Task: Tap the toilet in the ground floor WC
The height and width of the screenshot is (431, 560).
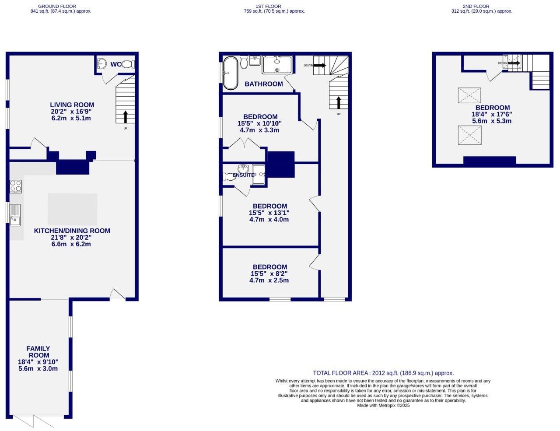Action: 128,64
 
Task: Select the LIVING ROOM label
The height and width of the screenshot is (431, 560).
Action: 72,105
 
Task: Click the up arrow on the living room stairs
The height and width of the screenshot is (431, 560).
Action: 126,117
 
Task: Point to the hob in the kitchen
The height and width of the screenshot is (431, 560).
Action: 16,186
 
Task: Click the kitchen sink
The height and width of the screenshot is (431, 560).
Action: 15,215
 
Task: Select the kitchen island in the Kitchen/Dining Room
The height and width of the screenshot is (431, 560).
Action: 72,209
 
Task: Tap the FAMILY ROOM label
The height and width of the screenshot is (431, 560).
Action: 38,352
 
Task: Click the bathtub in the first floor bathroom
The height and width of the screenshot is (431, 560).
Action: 230,73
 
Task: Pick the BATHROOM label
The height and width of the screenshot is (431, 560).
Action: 263,84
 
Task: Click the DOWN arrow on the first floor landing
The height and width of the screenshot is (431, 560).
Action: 319,66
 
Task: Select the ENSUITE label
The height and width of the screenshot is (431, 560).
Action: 243,175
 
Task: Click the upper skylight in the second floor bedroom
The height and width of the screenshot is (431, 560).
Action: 469,95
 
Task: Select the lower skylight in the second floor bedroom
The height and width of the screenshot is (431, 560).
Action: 469,135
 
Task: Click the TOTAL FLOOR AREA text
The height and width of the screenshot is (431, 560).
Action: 383,373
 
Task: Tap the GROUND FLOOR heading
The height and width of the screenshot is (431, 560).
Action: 57,7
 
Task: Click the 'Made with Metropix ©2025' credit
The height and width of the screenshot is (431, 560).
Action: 383,406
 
